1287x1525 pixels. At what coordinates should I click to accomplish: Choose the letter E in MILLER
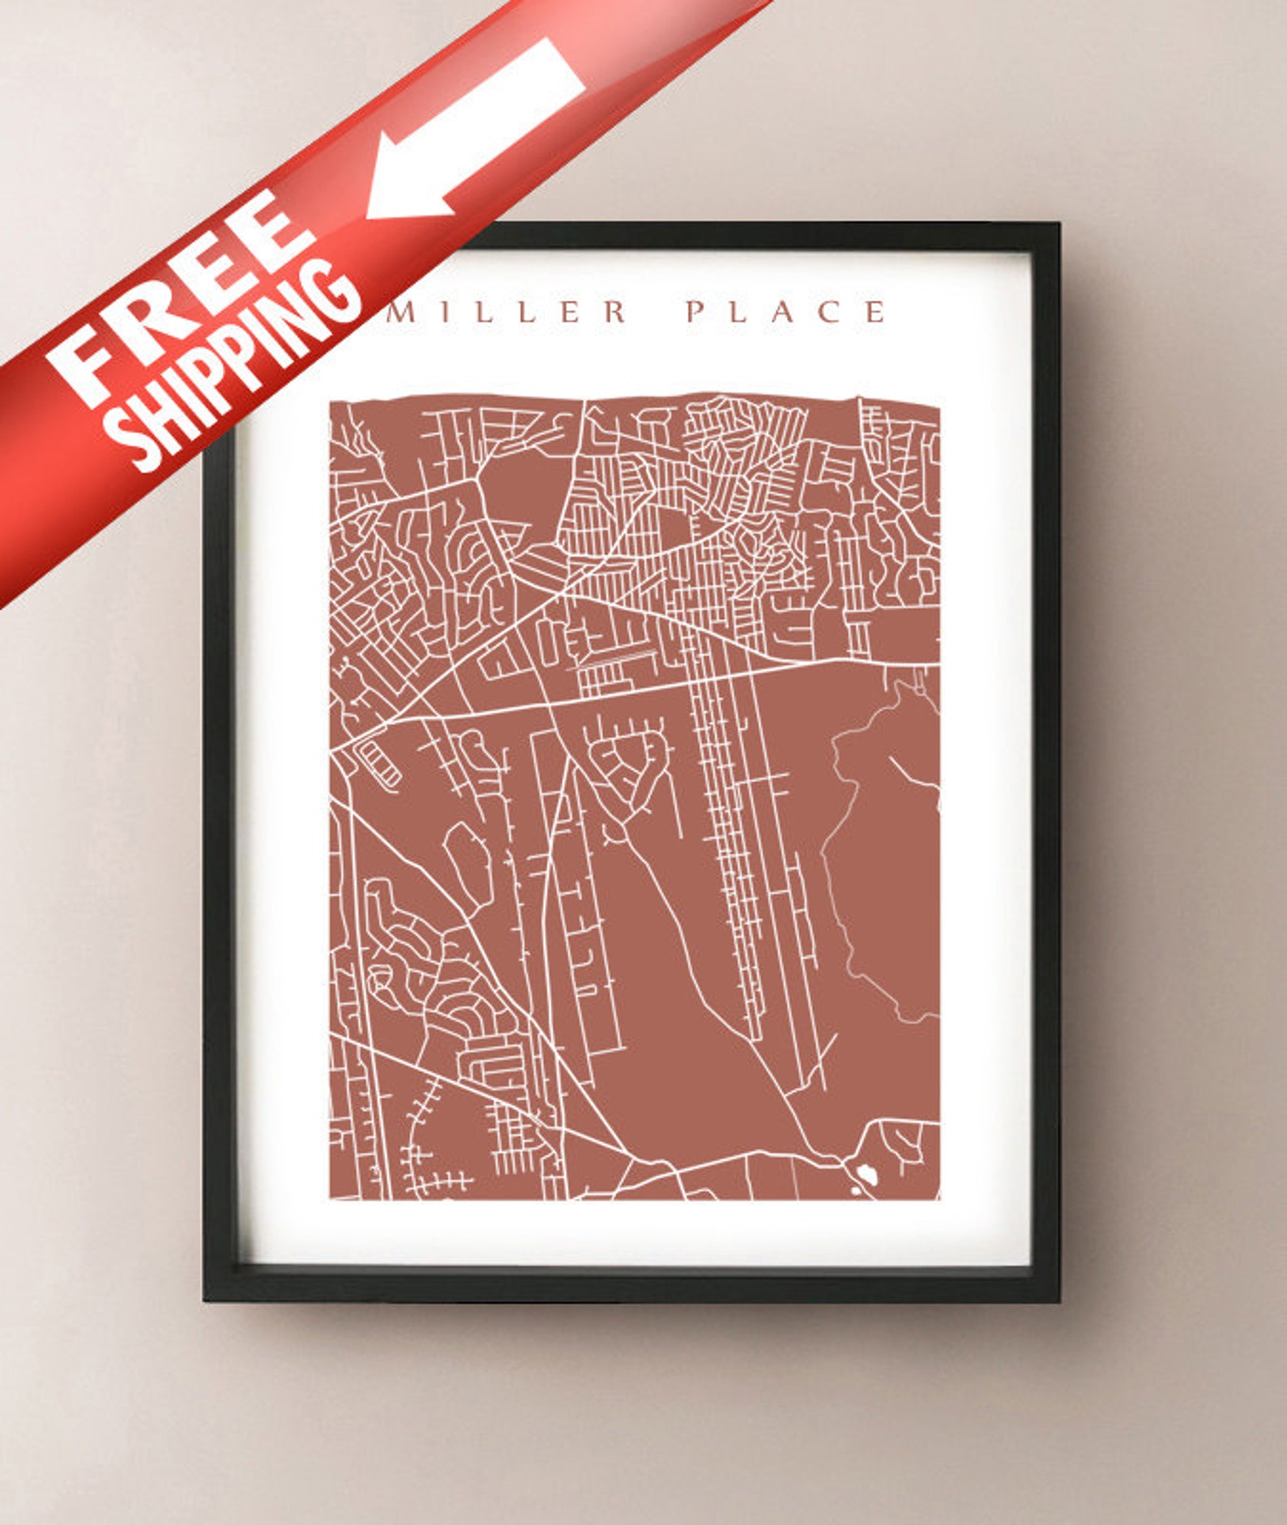pos(571,312)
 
